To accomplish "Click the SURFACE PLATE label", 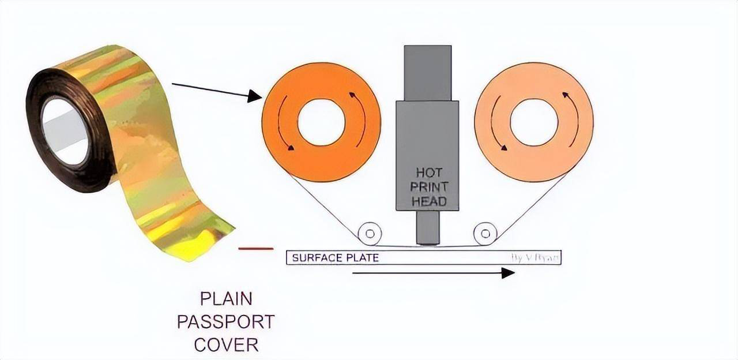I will pyautogui.click(x=335, y=258).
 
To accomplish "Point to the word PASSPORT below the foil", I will pyautogui.click(x=225, y=321).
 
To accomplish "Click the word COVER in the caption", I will pyautogui.click(x=225, y=345).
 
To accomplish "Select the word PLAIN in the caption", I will pyautogui.click(x=225, y=299).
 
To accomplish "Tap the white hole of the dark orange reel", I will pyautogui.click(x=321, y=122).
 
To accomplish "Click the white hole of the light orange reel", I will pyautogui.click(x=534, y=122).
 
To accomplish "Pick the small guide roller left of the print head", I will pyautogui.click(x=370, y=234).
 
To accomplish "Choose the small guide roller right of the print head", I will pyautogui.click(x=485, y=234).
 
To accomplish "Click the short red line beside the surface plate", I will pyautogui.click(x=255, y=249).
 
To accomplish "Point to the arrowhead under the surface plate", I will pyautogui.click(x=507, y=273).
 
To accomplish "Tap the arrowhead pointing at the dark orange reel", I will pyautogui.click(x=254, y=96).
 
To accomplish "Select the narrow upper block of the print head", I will pyautogui.click(x=427, y=73).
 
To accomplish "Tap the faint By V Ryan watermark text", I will pyautogui.click(x=535, y=258).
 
